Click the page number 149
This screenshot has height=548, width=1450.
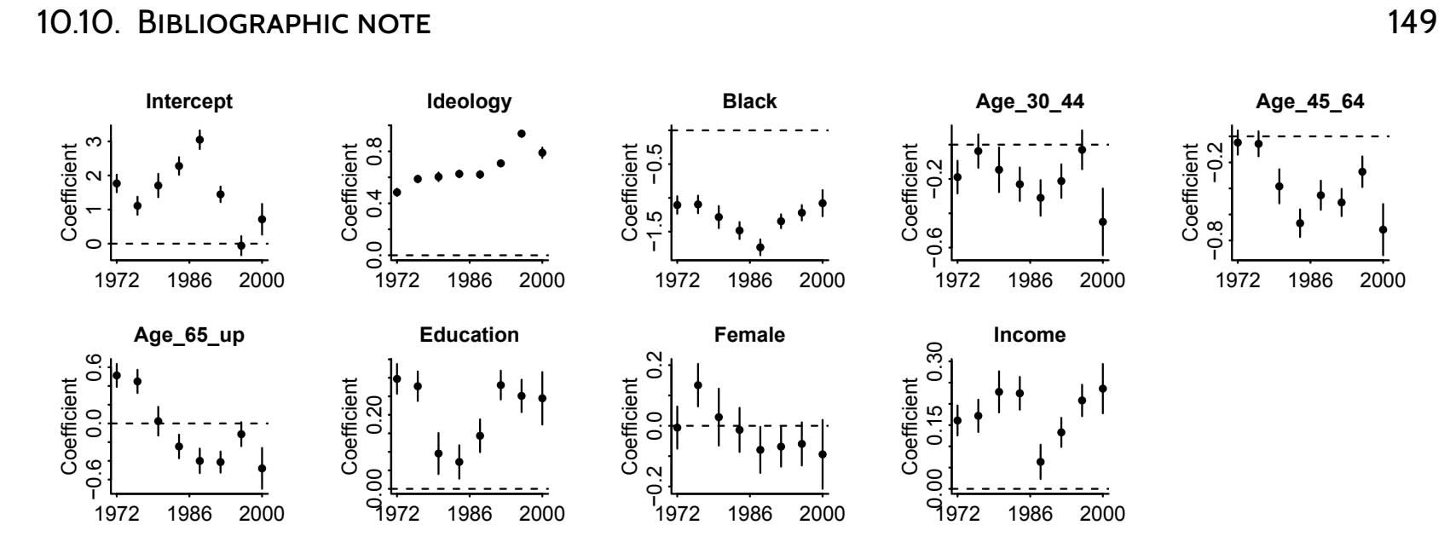tap(1412, 23)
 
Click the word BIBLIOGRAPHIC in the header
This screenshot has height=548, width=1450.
tap(225, 24)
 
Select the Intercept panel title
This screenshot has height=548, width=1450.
tap(189, 101)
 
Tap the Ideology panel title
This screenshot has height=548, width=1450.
tap(469, 101)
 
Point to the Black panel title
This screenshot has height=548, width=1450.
tap(749, 101)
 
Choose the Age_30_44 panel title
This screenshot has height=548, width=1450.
tap(1030, 101)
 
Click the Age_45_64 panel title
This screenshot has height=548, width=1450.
tap(1309, 101)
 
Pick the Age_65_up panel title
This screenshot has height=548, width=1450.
tap(189, 335)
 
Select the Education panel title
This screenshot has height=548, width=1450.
tap(469, 335)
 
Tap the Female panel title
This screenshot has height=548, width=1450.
tap(749, 335)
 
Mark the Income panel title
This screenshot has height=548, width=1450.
tap(1030, 335)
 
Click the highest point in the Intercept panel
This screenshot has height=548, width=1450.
tap(199, 140)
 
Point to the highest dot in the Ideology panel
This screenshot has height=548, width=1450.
tap(522, 134)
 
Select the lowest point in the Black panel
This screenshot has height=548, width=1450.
tap(760, 247)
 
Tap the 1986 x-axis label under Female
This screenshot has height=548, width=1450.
tap(750, 514)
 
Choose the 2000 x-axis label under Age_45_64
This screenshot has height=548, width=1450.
tap(1382, 280)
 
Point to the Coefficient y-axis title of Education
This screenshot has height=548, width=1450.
tap(350, 426)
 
